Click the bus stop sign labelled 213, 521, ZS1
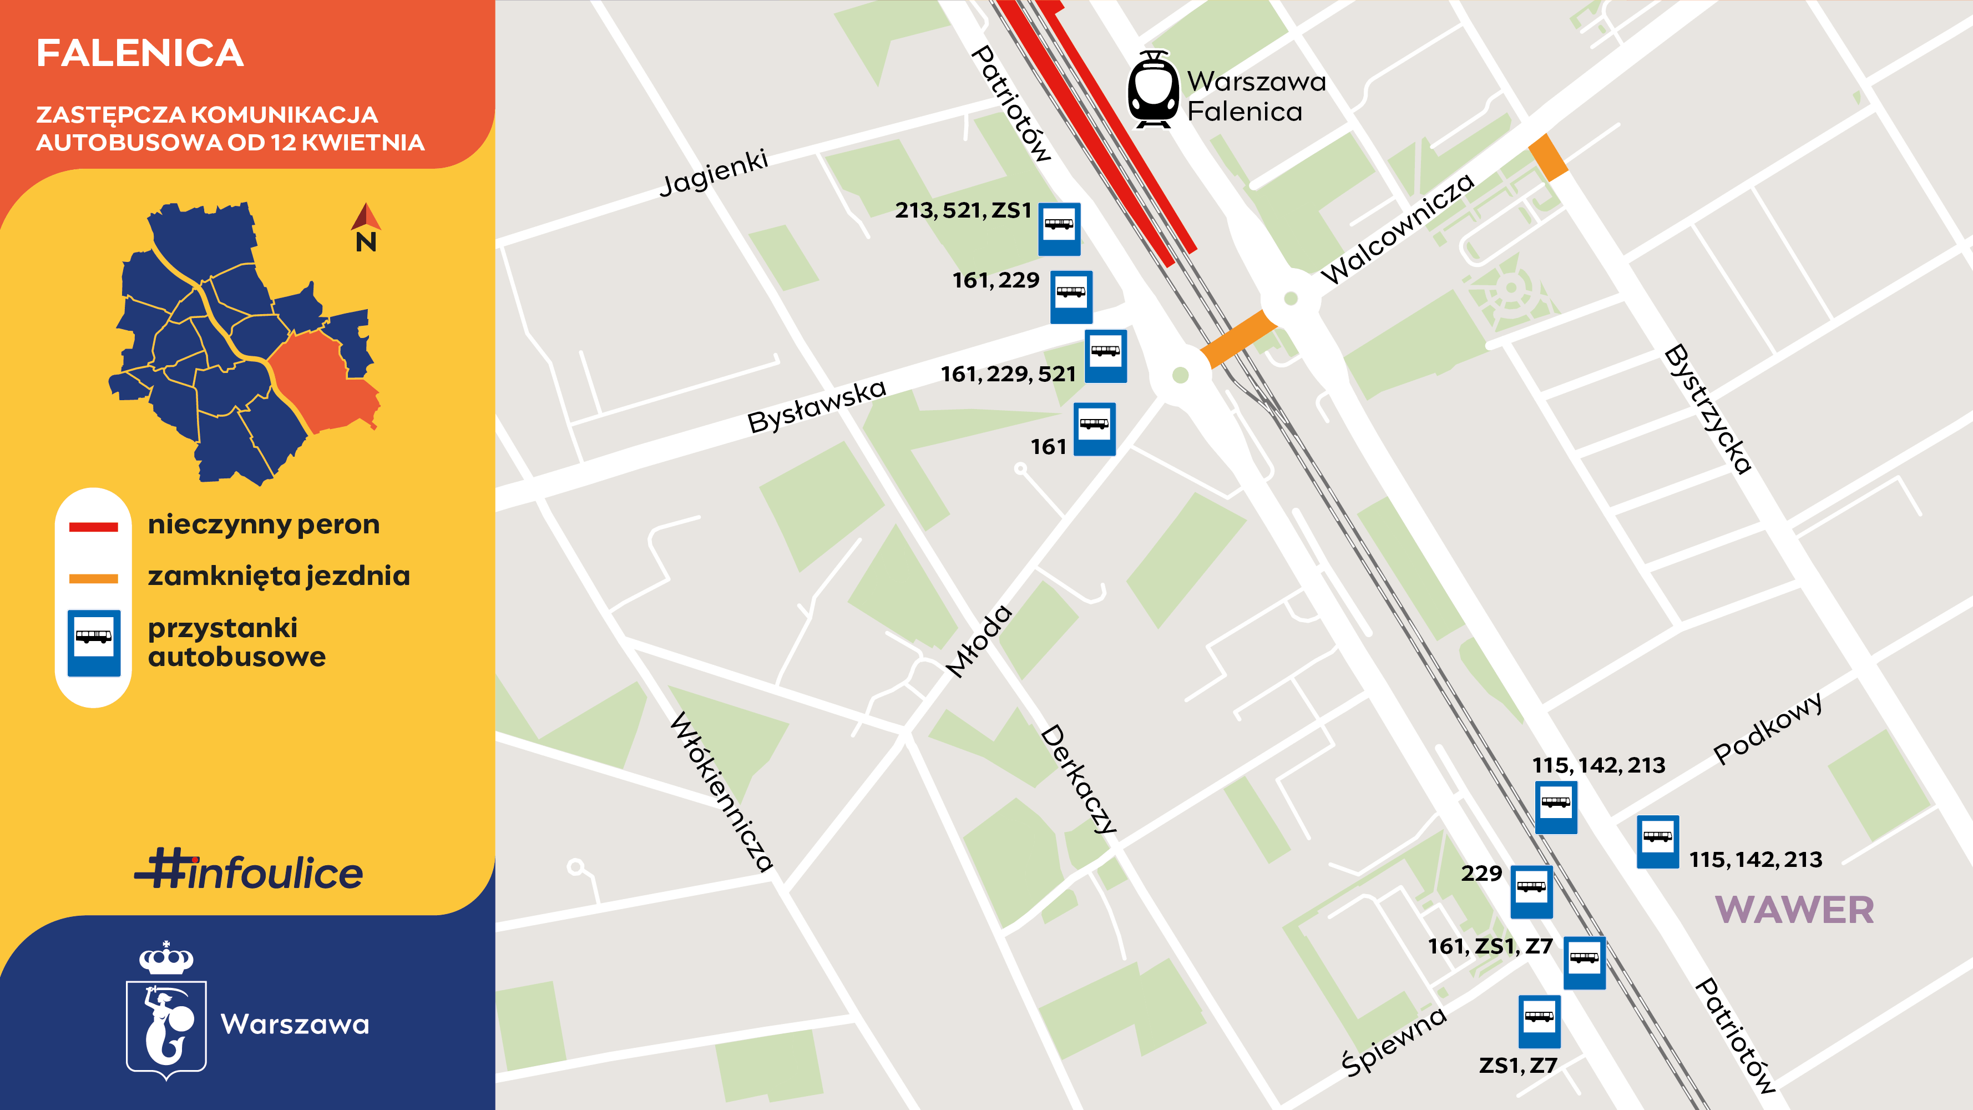[x=1059, y=228]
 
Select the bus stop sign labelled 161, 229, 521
[x=1105, y=355]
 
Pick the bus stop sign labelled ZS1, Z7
[x=1540, y=1021]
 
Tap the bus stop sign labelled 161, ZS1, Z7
[x=1584, y=962]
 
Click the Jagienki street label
[x=714, y=173]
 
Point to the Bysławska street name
[x=817, y=406]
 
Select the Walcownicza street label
[x=1397, y=228]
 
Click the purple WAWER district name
[x=1794, y=910]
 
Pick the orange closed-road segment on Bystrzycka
[x=1548, y=158]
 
